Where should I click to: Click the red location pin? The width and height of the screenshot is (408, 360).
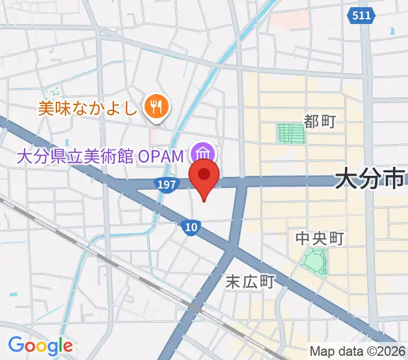click(204, 177)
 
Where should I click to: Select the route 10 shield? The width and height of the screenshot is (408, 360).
click(190, 226)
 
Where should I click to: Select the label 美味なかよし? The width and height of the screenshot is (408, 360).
click(88, 108)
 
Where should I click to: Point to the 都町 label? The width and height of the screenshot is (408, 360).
click(320, 122)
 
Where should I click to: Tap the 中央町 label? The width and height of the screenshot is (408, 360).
click(320, 239)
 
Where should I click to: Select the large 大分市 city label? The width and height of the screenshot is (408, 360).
click(370, 178)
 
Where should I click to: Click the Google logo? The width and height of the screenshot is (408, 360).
click(40, 346)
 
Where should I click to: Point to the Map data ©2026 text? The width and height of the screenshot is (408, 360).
click(358, 351)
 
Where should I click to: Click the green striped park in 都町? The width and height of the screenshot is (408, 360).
click(291, 133)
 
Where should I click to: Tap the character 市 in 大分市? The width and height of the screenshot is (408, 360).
click(394, 178)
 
